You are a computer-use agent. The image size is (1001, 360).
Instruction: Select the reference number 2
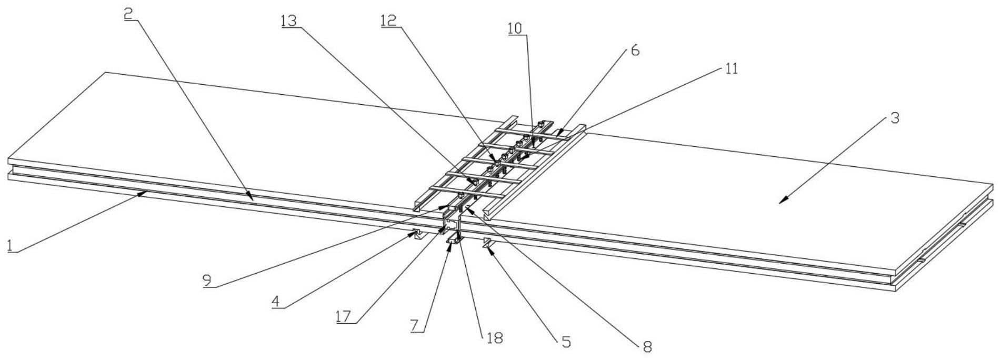pos(128,13)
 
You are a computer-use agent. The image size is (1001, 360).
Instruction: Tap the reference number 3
pos(894,118)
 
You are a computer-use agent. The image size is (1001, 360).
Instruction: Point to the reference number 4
pos(276,301)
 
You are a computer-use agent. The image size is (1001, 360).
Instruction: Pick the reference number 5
pos(566,342)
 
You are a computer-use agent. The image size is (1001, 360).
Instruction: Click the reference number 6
pos(635,51)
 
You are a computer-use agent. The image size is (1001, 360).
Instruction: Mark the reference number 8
pos(647,346)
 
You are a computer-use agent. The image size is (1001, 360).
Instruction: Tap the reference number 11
pos(731,68)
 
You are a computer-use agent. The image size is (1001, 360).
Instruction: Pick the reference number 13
pos(288,20)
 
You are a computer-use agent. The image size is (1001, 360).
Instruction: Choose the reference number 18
pos(495,338)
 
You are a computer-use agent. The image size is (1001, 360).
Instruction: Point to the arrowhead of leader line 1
pos(146,192)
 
